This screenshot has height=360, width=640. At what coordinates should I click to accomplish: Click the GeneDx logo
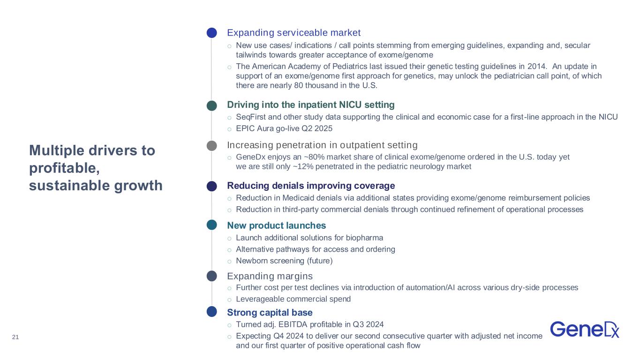[x=585, y=330]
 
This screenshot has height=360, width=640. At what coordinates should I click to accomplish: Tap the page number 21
[x=15, y=337]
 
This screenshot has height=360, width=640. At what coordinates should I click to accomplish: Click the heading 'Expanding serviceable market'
[x=294, y=32]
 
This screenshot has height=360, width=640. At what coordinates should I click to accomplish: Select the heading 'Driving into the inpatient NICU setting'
[x=310, y=105]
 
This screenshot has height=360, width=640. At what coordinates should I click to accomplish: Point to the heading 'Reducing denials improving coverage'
[x=311, y=186]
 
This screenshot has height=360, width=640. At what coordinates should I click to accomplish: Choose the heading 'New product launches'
[x=276, y=225]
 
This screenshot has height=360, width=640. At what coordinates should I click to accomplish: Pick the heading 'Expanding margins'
[x=270, y=276]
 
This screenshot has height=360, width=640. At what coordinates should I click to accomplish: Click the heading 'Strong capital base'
[x=270, y=312]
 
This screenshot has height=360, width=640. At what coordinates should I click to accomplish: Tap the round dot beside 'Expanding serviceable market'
[x=212, y=32]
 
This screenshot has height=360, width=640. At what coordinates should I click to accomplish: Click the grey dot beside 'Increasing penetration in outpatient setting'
[x=212, y=146]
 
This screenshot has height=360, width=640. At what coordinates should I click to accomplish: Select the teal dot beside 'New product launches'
[x=212, y=225]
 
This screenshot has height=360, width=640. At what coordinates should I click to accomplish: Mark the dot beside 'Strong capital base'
[x=212, y=311]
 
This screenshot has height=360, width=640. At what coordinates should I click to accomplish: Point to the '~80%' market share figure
[x=314, y=157]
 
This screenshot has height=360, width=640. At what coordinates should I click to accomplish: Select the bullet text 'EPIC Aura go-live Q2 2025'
[x=284, y=128]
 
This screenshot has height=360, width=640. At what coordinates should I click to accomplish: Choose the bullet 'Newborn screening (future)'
[x=284, y=261]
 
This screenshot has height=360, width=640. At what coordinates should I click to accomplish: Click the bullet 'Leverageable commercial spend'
[x=293, y=299]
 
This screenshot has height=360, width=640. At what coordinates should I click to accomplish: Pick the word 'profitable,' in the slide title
[x=65, y=168]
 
